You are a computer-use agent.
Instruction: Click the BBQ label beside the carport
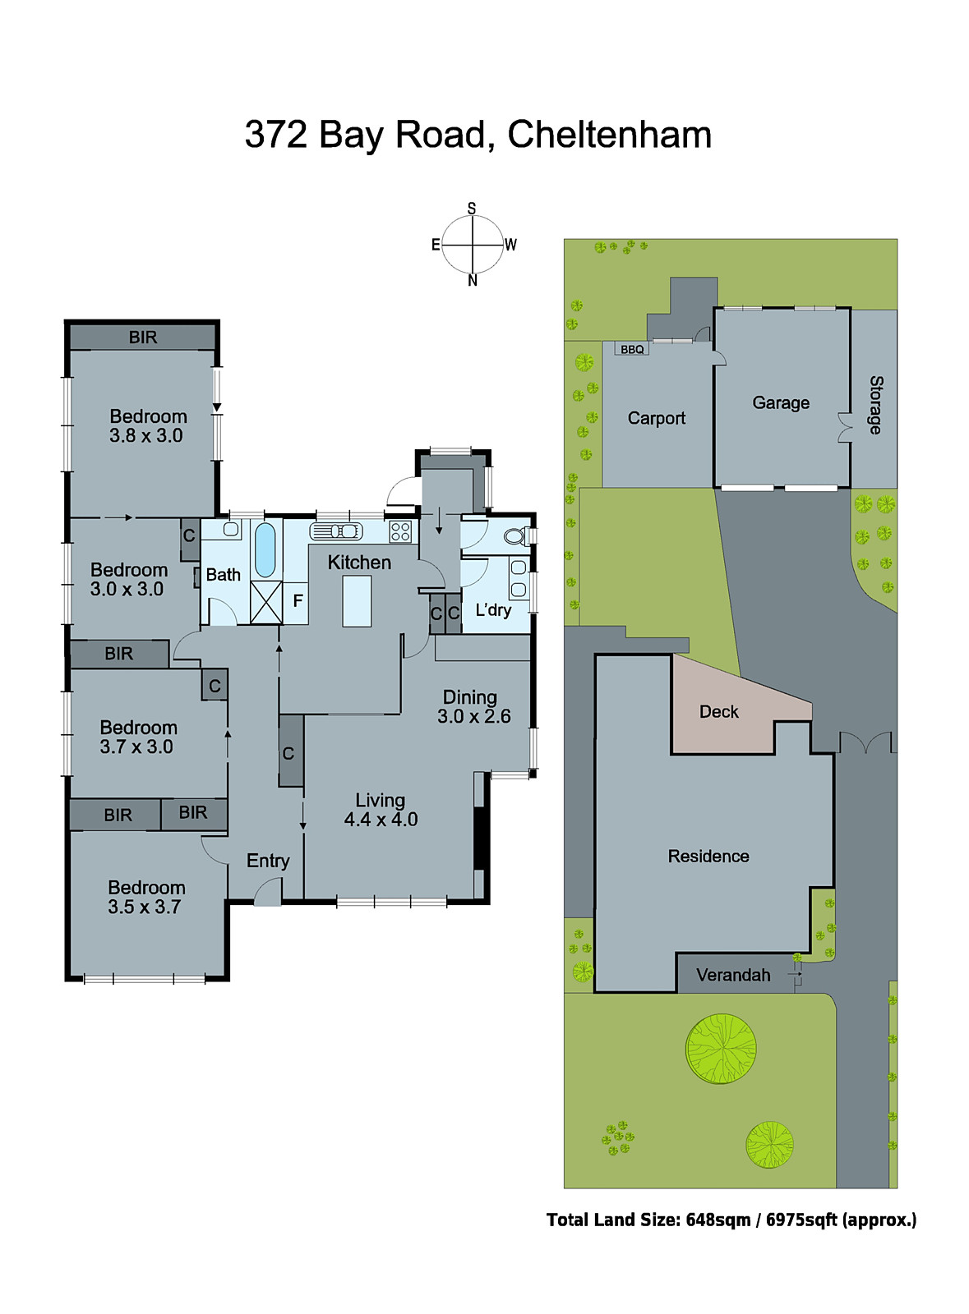pos(632,350)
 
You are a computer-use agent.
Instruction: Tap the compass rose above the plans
pos(472,245)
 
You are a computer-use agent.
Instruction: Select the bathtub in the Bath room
pos(265,550)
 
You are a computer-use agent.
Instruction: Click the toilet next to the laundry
pos(515,537)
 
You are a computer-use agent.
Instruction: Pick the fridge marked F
pos(298,601)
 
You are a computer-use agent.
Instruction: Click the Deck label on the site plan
pos(718,712)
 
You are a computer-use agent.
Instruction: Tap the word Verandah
pos(733,976)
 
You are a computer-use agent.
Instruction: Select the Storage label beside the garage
pos(876,405)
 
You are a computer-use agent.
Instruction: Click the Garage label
pos(781,403)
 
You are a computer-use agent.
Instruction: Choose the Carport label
pos(656,419)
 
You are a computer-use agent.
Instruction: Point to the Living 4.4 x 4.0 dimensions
pos(381,820)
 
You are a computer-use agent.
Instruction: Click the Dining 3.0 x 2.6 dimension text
pos(473,716)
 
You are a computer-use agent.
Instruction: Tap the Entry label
pos(268,861)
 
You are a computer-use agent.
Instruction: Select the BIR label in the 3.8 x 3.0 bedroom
pos(142,338)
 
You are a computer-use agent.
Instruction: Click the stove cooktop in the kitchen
pos(400,531)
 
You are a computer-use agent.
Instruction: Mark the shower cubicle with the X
pos(265,602)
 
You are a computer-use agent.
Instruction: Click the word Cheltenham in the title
pos(609,136)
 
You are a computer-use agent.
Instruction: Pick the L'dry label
pos(493,610)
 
